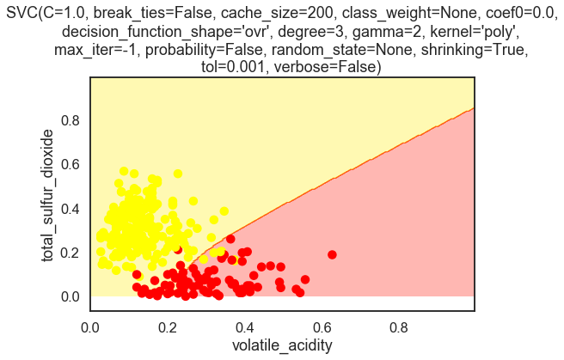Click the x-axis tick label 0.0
tap(90, 326)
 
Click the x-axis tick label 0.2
tap(168, 326)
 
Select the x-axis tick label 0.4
tap(244, 326)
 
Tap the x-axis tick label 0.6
tap(322, 326)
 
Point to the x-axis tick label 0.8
tap(399, 326)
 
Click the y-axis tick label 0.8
tap(69, 121)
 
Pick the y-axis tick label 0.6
tap(69, 165)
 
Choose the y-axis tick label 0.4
tap(69, 209)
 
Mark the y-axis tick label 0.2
tap(69, 253)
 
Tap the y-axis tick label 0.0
tap(69, 296)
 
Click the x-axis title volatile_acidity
tap(282, 346)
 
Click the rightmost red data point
tap(332, 254)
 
